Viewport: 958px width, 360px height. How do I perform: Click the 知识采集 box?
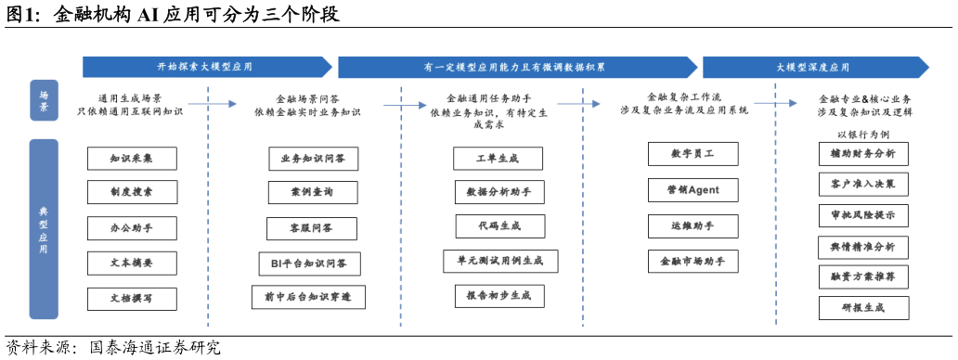click(x=131, y=159)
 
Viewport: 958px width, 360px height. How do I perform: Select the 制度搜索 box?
click(x=131, y=193)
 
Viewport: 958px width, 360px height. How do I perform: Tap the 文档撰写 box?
click(x=131, y=299)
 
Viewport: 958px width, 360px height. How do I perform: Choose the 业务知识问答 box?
click(x=313, y=159)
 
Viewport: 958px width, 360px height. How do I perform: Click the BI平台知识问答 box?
click(x=309, y=264)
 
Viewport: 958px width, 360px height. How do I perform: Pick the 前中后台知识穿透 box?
click(x=308, y=297)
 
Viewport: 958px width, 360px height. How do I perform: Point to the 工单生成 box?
click(x=498, y=159)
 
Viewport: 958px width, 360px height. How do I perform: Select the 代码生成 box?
click(x=498, y=226)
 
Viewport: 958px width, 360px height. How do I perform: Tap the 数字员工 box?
click(x=693, y=154)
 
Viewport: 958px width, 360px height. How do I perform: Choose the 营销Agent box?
click(x=693, y=190)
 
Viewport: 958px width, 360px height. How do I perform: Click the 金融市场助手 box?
click(x=693, y=262)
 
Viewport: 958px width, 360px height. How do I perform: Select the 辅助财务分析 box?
click(x=863, y=154)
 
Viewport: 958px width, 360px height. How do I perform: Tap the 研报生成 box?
click(x=863, y=308)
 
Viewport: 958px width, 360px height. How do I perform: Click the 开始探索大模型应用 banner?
click(x=206, y=67)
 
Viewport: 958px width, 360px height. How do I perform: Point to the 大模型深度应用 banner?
click(x=814, y=67)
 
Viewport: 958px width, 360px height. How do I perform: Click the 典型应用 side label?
click(x=44, y=229)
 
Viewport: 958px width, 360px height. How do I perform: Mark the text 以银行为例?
click(x=862, y=133)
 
